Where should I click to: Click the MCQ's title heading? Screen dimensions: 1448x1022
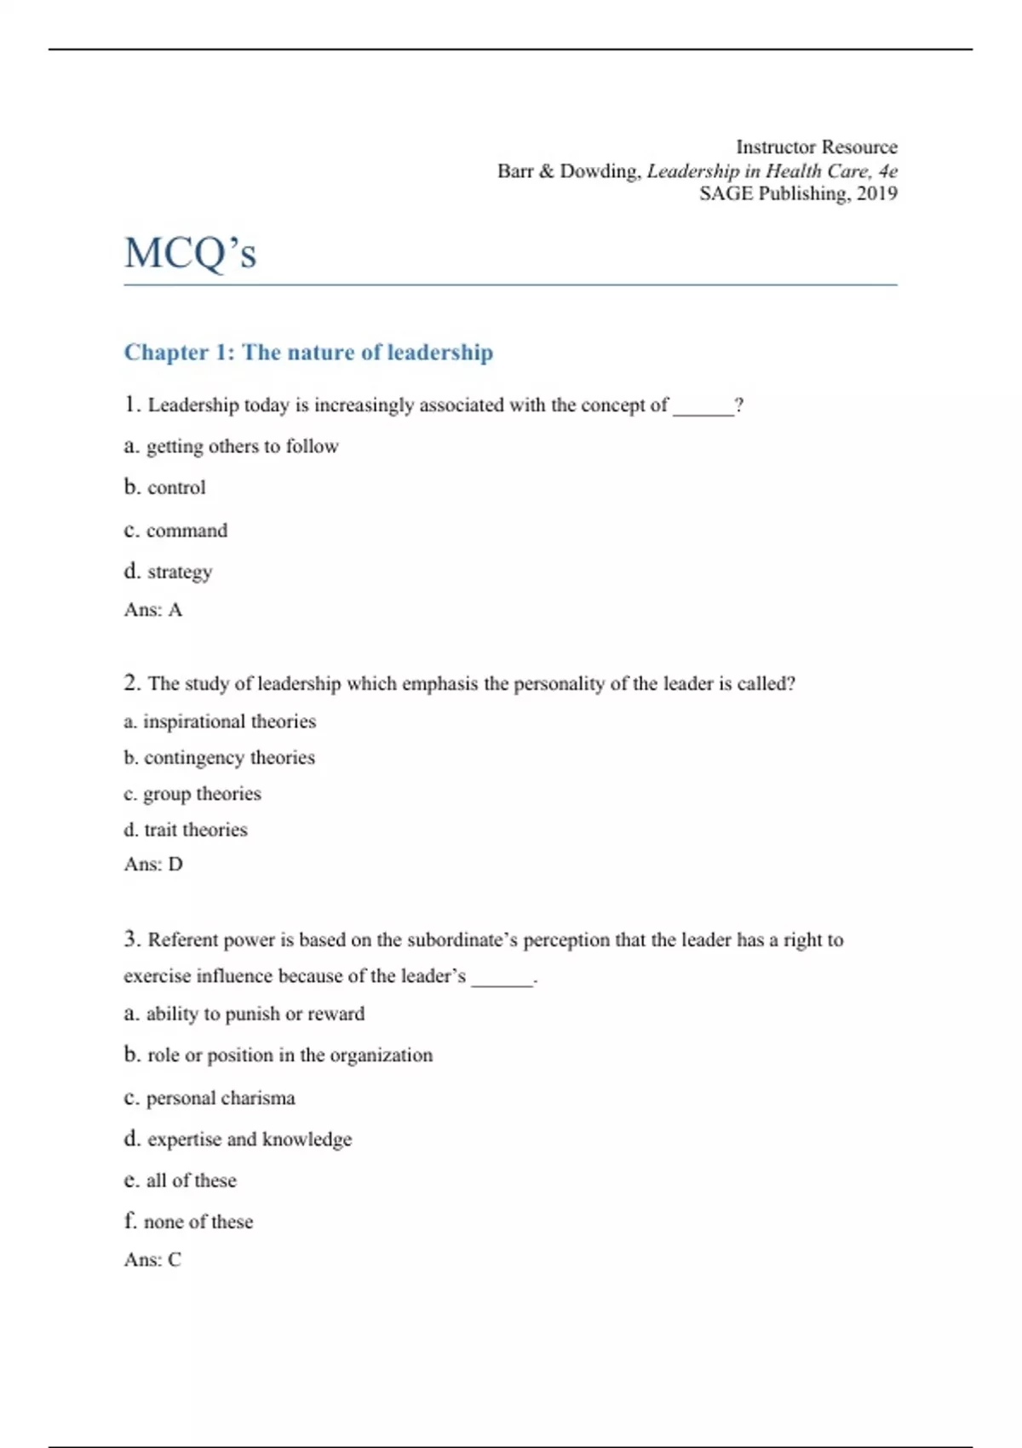tap(190, 253)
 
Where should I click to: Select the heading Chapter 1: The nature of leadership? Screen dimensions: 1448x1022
tap(308, 353)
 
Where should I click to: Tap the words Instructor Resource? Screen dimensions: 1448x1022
tap(816, 147)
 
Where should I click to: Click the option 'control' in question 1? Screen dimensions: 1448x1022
tap(176, 488)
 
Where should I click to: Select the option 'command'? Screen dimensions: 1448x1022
tap(187, 531)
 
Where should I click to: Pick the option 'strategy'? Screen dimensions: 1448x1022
tap(180, 572)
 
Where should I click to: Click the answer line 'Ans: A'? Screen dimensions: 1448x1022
tap(153, 610)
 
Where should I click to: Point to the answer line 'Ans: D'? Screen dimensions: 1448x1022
tap(153, 865)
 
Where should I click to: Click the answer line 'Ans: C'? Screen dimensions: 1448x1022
tap(152, 1260)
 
